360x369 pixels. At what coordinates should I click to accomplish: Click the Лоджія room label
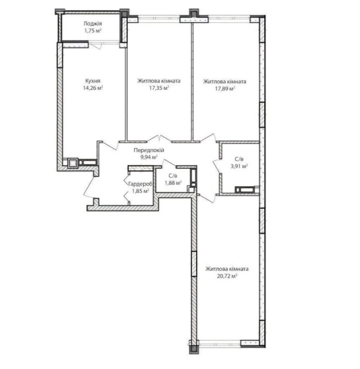point(92,24)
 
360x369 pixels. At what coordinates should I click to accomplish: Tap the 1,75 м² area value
point(92,31)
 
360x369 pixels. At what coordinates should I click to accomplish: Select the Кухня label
point(92,81)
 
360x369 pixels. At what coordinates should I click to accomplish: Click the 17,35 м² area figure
point(159,88)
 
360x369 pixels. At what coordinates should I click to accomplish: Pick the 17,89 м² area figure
point(225,89)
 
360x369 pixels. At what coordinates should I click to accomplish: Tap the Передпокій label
point(149,150)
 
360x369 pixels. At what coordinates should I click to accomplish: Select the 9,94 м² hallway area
point(149,157)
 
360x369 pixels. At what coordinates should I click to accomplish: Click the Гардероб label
point(140,184)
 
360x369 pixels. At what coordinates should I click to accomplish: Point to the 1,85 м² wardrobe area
point(140,191)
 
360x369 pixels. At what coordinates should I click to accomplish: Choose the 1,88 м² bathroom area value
point(173,183)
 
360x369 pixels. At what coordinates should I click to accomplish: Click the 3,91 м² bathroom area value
point(239,166)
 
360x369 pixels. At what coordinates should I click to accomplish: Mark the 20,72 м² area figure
point(227,276)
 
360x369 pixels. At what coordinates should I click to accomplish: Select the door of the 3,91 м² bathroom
point(216,166)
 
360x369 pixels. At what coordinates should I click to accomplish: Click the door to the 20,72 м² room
point(208,199)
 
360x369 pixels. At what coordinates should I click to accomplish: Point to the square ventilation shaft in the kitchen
point(73,162)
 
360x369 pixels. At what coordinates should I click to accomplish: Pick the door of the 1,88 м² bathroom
point(168,163)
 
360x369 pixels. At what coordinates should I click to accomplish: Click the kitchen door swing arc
point(110,145)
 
